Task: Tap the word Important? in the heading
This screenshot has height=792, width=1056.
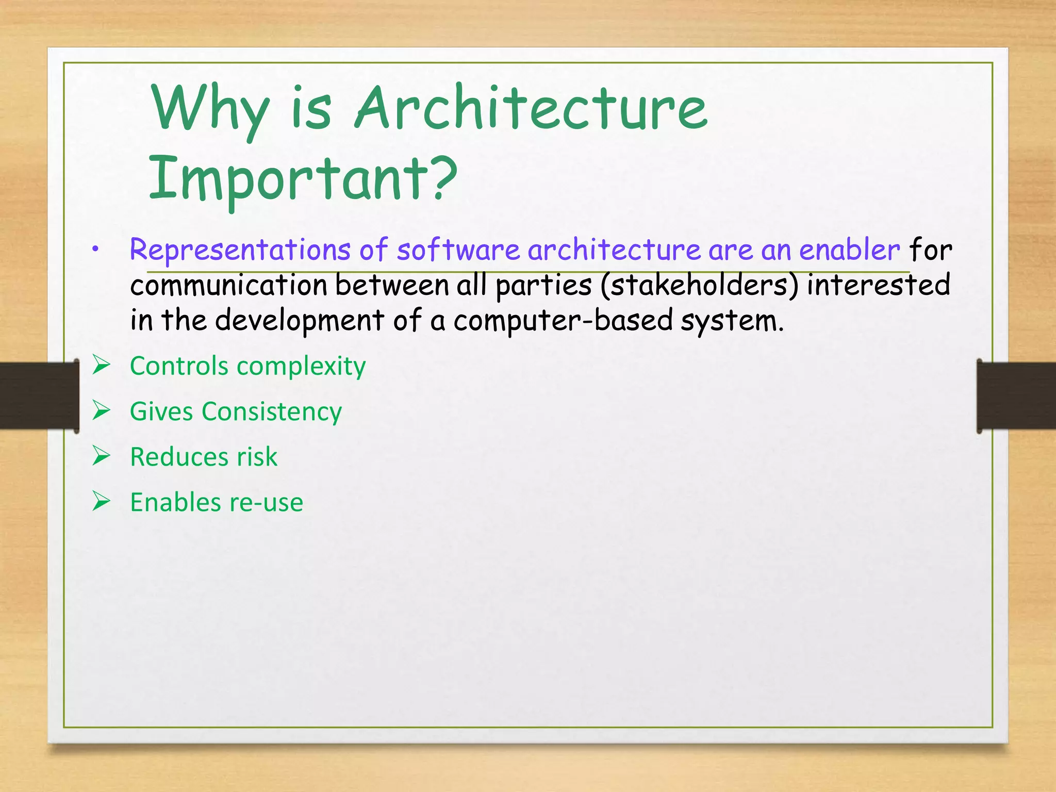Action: [303, 178]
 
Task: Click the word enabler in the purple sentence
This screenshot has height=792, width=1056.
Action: [849, 250]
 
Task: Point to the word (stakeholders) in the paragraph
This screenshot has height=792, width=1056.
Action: [699, 285]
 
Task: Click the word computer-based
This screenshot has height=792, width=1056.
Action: [563, 320]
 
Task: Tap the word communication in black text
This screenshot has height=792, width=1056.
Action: [228, 285]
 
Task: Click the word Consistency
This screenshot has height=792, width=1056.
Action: [272, 412]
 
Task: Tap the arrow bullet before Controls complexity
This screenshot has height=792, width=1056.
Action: [102, 365]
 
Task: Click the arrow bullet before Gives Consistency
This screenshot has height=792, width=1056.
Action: [102, 410]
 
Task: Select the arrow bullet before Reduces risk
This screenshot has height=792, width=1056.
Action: [102, 456]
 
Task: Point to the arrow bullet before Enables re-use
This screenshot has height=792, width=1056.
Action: [102, 501]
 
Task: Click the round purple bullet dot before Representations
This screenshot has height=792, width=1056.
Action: [95, 250]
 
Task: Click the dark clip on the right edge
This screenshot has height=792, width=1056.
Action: [1016, 395]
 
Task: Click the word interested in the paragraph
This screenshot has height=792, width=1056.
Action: [878, 285]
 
